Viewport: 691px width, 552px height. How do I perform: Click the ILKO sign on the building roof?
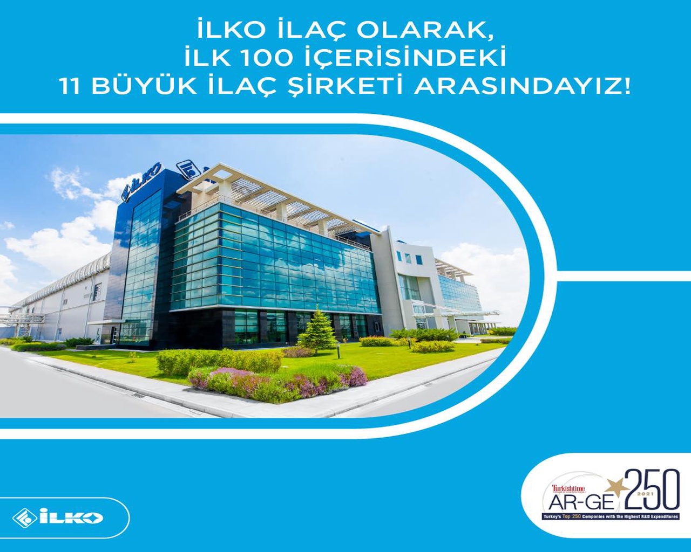[141, 182]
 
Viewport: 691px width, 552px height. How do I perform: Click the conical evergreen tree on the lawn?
[317, 330]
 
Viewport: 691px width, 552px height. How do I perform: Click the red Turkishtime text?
[568, 488]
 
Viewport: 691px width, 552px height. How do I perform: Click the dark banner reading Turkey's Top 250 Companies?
[610, 517]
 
